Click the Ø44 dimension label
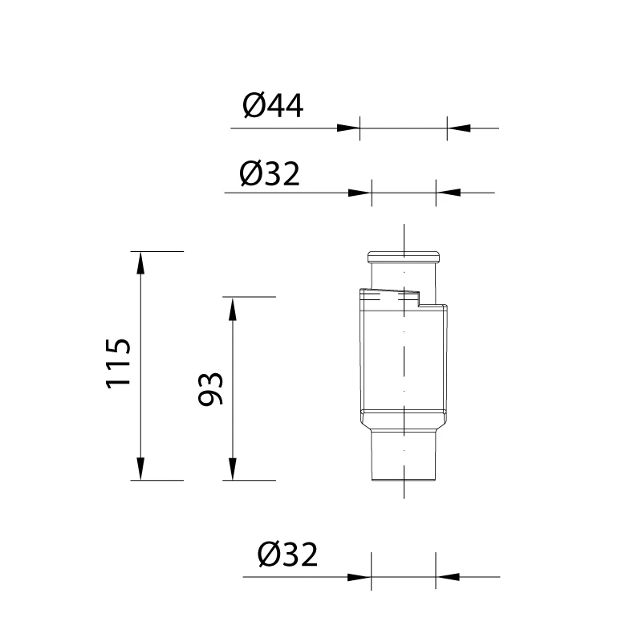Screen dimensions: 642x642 [x=273, y=106]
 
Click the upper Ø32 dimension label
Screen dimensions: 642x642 [x=270, y=174]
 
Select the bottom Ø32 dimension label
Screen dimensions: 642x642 [x=287, y=555]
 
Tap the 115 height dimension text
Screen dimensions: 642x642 [x=118, y=364]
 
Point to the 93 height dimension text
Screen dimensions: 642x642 [x=210, y=389]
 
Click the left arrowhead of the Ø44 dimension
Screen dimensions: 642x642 [x=348, y=128]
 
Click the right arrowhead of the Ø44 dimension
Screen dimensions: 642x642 [x=458, y=128]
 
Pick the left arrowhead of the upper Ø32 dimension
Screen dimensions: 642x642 [x=360, y=193]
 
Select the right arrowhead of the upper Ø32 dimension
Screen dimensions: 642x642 [x=448, y=193]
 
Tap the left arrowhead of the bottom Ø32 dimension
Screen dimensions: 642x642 [x=360, y=577]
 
